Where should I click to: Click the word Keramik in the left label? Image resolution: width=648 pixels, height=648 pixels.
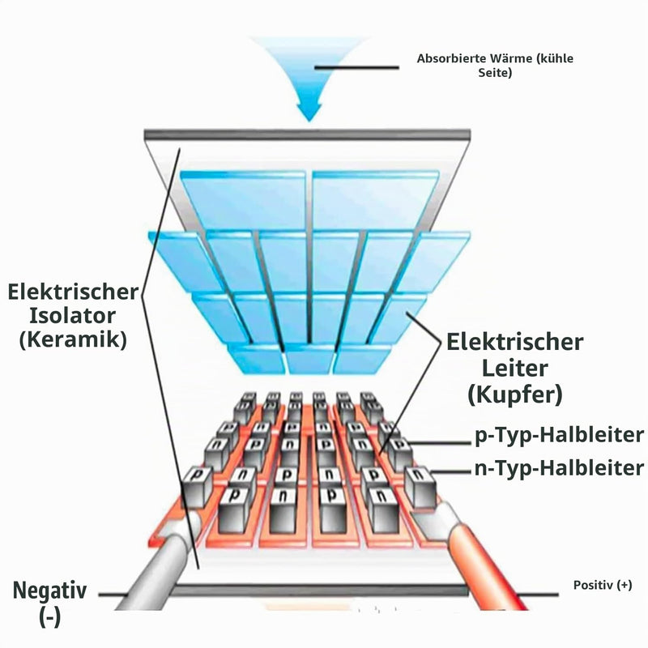73,339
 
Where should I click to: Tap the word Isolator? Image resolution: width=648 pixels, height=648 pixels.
72,316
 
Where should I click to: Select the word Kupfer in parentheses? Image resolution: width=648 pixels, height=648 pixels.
515,394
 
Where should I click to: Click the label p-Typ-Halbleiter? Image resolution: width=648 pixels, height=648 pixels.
559,435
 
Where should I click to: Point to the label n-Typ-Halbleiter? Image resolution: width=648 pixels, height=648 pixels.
559,468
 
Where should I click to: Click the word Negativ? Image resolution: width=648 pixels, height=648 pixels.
50,590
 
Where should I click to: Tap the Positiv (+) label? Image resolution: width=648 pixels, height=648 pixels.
603,585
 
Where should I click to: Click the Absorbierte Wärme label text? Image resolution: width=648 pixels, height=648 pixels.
495,66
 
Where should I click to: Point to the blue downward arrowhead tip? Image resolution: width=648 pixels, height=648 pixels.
309,121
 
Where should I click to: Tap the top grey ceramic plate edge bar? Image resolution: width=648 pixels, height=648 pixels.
307,135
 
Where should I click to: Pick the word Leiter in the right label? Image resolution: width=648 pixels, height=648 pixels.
515,369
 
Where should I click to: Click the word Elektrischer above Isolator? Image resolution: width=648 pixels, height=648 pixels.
73,292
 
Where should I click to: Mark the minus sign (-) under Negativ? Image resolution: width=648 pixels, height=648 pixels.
50,616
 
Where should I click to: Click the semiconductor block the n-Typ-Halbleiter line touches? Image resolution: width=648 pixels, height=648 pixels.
420,487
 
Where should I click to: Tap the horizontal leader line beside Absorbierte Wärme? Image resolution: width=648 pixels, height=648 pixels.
356,67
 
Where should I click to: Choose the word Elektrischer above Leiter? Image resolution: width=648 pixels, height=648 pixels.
515,342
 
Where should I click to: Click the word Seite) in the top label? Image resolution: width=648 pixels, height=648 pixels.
495,73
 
